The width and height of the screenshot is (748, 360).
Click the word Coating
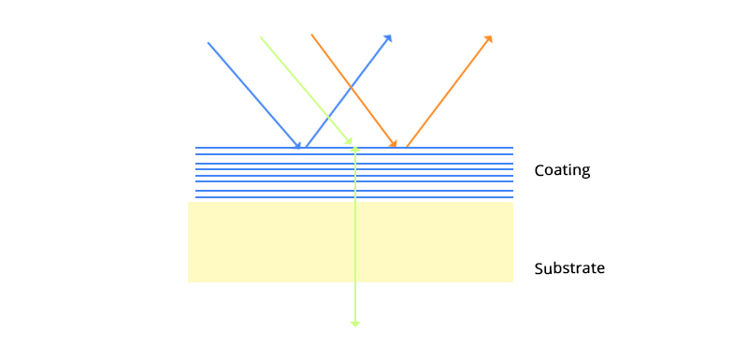[562, 171]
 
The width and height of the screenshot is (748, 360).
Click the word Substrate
[569, 268]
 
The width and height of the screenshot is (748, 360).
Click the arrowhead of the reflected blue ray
[388, 38]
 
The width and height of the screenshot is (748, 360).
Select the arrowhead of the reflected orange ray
[488, 39]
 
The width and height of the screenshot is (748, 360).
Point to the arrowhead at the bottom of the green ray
[355, 323]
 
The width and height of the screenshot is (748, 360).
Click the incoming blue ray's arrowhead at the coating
[298, 145]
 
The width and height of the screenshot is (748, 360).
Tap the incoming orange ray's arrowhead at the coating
[394, 144]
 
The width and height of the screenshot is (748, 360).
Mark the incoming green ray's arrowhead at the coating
[350, 143]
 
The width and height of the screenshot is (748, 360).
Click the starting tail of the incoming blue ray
[208, 42]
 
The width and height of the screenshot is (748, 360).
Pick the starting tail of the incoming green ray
[260, 37]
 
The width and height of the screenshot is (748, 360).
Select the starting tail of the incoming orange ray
[311, 36]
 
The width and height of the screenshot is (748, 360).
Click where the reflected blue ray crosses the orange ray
[352, 86]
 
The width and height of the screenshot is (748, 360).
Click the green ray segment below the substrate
[355, 301]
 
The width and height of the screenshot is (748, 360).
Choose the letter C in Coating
[539, 171]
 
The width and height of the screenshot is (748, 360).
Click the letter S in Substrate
[539, 268]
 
